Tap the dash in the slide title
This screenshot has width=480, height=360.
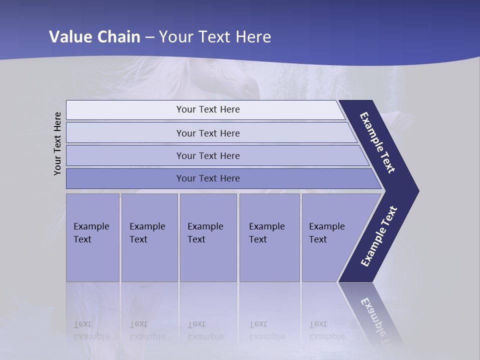(x=149, y=37)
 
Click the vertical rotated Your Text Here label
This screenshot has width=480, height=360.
(x=57, y=143)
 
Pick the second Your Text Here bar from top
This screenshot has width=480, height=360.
(x=207, y=133)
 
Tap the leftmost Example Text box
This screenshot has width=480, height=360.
(x=92, y=237)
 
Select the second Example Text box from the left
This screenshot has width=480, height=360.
(x=149, y=237)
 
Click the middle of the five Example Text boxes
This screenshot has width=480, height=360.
(x=208, y=237)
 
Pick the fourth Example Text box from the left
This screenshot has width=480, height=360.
(x=269, y=237)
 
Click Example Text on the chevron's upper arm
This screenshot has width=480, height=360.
(x=377, y=142)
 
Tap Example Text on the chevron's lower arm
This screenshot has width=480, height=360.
(x=379, y=236)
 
